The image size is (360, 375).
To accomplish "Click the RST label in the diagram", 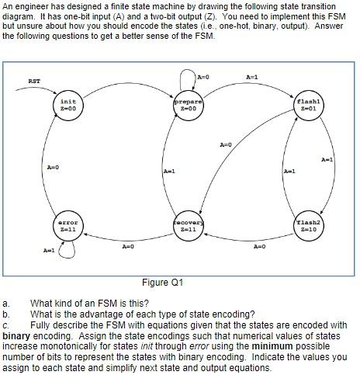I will pyautogui.click(x=34, y=81).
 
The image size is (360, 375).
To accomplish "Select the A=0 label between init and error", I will pyautogui.click(x=53, y=166).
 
